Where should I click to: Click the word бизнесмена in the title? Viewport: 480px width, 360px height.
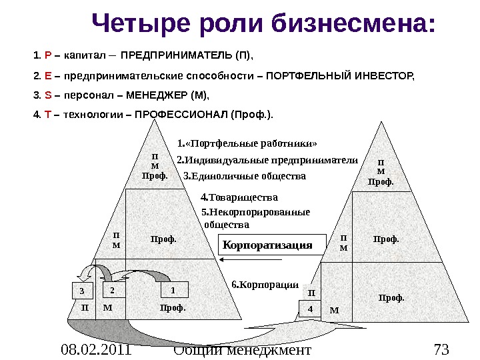(354, 25)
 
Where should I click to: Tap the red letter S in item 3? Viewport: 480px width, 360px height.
(46, 95)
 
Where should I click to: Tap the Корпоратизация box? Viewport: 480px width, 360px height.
(267, 245)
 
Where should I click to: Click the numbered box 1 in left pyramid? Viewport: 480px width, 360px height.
(173, 291)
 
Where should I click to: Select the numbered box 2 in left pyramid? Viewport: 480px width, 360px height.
(113, 291)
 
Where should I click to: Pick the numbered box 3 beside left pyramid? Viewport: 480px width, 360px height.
(83, 291)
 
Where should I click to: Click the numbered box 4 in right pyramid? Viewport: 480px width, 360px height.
(310, 309)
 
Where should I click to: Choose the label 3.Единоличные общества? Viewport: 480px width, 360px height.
(244, 177)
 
